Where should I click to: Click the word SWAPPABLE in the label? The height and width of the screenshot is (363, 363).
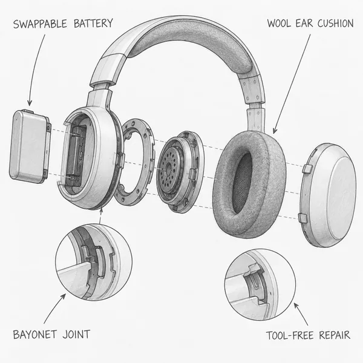pyautogui.click(x=40, y=24)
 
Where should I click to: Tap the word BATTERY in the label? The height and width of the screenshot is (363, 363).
pyautogui.click(x=93, y=24)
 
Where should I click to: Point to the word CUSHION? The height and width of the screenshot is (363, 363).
pyautogui.click(x=335, y=24)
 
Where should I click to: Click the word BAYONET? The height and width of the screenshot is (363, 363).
pyautogui.click(x=34, y=335)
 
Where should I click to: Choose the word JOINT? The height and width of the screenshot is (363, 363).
pyautogui.click(x=76, y=335)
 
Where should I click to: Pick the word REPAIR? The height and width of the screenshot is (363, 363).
pyautogui.click(x=335, y=335)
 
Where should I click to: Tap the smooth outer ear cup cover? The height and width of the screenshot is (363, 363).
pyautogui.click(x=329, y=195)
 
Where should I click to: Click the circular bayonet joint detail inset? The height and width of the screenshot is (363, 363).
pyautogui.click(x=94, y=262)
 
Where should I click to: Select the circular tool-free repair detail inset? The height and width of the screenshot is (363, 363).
pyautogui.click(x=260, y=284)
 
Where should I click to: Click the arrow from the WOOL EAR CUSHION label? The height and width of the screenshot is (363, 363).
pyautogui.click(x=292, y=84)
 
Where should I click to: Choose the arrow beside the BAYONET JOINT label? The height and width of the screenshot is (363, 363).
pyautogui.click(x=55, y=309)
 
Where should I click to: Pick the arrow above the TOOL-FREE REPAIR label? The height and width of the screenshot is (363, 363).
pyautogui.click(x=301, y=314)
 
